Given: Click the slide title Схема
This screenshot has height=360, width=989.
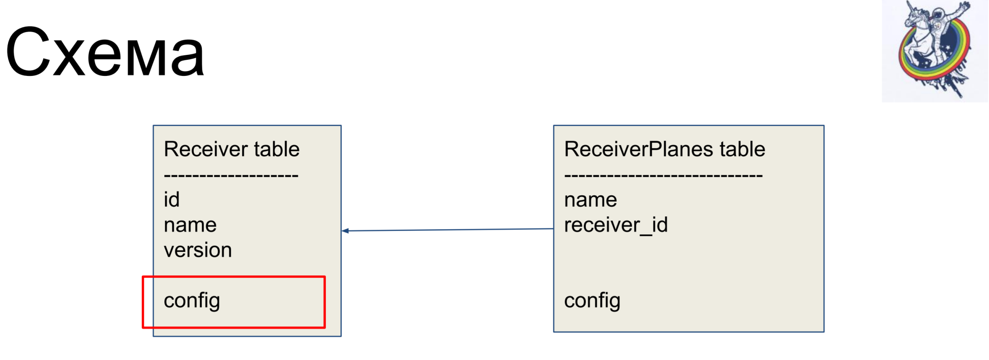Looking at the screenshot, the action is click(105, 51).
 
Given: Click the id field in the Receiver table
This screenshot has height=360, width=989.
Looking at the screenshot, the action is click(172, 199).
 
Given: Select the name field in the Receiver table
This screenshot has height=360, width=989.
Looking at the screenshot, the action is click(190, 225).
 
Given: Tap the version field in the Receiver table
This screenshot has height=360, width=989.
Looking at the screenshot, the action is click(198, 250).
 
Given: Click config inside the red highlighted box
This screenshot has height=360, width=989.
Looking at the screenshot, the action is click(192, 301).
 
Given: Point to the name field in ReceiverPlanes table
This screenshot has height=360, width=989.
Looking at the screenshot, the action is click(591, 200).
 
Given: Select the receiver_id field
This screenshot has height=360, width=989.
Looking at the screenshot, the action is click(616, 225).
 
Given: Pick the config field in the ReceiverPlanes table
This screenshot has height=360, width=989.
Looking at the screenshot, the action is click(592, 301).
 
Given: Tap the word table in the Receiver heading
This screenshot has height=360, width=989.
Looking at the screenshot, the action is click(277, 149).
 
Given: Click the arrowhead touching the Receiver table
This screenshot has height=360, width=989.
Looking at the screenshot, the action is click(345, 231).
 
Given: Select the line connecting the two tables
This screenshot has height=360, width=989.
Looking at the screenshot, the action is click(447, 230).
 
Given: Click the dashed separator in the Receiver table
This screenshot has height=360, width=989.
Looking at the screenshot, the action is click(231, 176).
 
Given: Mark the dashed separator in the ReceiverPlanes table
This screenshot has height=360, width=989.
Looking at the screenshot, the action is click(663, 176).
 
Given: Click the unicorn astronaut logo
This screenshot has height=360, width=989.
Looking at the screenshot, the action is click(935, 50).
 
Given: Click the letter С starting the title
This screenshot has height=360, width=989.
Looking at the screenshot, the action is click(27, 51).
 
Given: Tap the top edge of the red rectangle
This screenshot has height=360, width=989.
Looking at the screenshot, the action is click(234, 277).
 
